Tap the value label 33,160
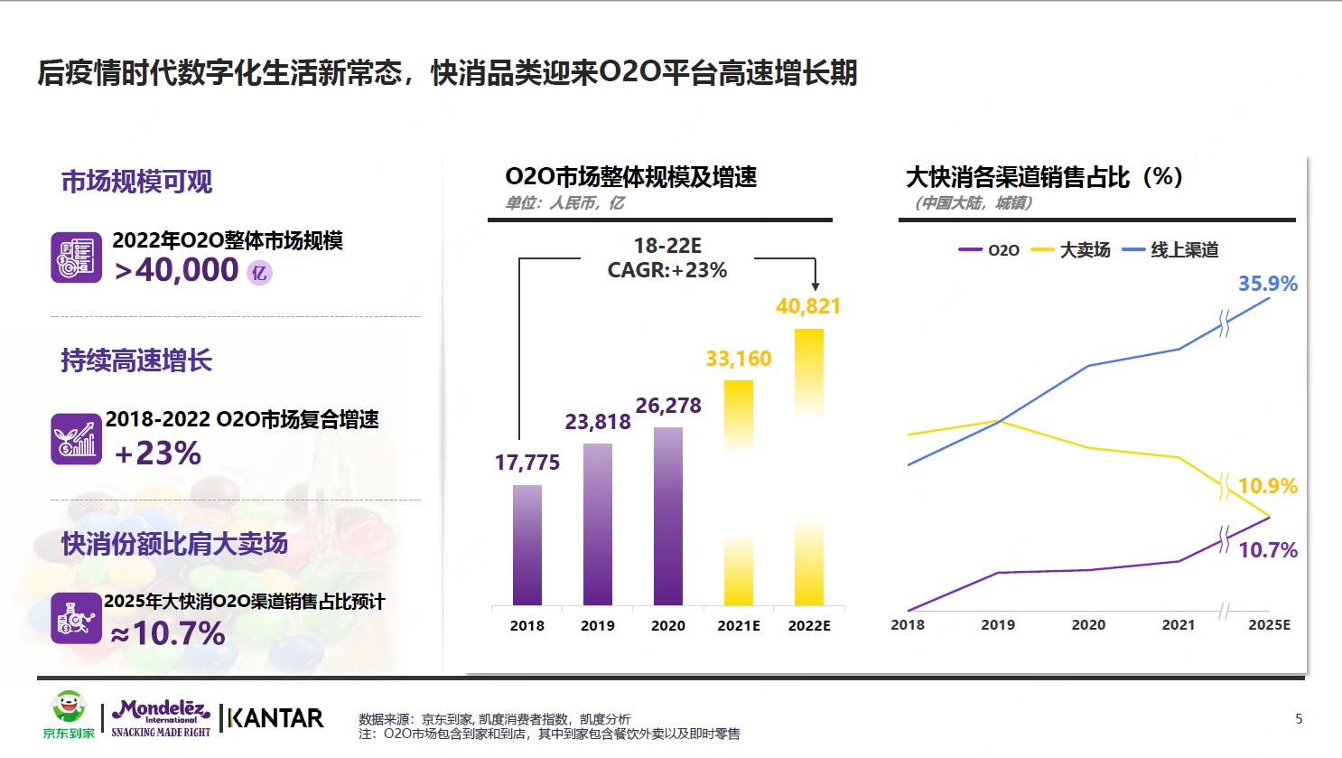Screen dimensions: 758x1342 [739, 359]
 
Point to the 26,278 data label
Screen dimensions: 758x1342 [668, 406]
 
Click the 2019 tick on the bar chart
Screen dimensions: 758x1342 [598, 625]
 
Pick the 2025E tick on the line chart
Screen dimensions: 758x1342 [1269, 624]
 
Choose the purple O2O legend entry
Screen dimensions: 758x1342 [990, 250]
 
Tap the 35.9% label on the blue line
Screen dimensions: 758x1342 [1267, 284]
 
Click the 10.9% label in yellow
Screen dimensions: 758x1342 [1267, 486]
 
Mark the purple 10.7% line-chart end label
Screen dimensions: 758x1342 [1267, 550]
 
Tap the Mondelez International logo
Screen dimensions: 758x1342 [161, 718]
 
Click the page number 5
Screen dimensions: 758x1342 [1299, 719]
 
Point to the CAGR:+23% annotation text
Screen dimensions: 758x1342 [667, 270]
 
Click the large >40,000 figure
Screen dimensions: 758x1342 [177, 269]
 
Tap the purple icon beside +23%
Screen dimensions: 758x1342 [76, 438]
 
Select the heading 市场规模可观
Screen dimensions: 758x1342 [136, 182]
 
